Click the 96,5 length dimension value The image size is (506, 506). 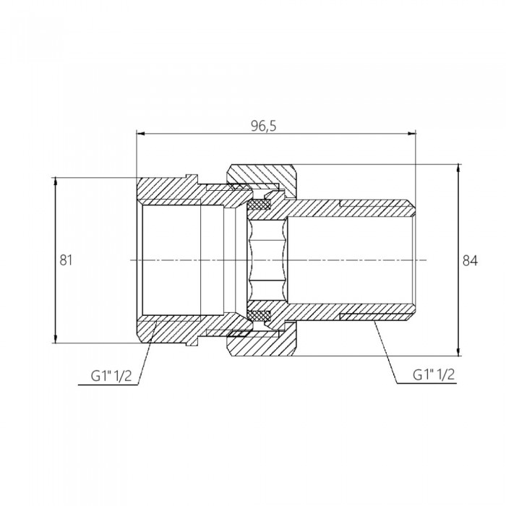(264, 126)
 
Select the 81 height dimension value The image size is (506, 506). (66, 260)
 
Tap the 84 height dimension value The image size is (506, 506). (470, 260)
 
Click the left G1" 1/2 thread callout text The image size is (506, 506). (111, 376)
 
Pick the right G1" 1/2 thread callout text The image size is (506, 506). (434, 374)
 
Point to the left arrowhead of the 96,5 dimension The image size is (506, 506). (141, 133)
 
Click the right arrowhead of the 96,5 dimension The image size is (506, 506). (412, 133)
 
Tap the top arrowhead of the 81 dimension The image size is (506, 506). (56, 181)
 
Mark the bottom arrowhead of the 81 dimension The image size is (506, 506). (56, 339)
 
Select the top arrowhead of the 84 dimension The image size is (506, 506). (458, 168)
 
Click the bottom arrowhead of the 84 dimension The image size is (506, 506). (458, 352)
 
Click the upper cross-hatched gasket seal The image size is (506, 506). (259, 205)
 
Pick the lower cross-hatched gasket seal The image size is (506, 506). (259, 315)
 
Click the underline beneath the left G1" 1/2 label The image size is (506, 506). (108, 385)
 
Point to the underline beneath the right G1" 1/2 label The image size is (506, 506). (426, 383)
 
